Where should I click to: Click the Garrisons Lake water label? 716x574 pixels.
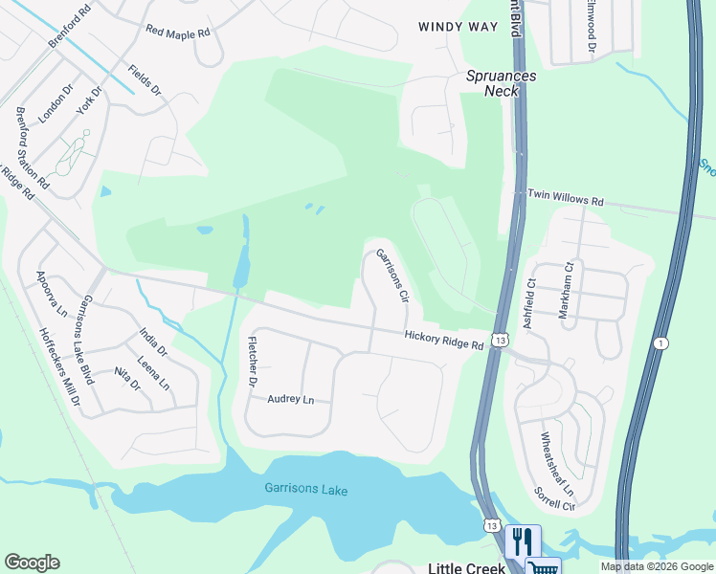click(306, 491)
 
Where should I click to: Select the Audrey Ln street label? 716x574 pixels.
click(290, 399)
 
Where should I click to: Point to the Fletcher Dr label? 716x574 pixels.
click(254, 362)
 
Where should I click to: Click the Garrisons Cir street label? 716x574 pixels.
click(392, 274)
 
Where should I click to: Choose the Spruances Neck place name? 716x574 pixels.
click(501, 83)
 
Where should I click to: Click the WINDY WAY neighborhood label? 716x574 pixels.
click(459, 27)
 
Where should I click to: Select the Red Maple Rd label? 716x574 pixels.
click(177, 32)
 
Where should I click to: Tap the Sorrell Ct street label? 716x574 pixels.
click(553, 498)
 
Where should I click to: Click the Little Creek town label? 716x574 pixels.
click(464, 567)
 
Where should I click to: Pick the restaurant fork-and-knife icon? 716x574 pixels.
click(523, 541)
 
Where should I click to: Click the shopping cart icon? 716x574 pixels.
click(542, 566)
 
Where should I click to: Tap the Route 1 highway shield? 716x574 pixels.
click(660, 343)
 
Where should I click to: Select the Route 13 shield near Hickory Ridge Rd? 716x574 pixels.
click(500, 340)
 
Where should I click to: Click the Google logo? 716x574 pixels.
click(32, 563)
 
